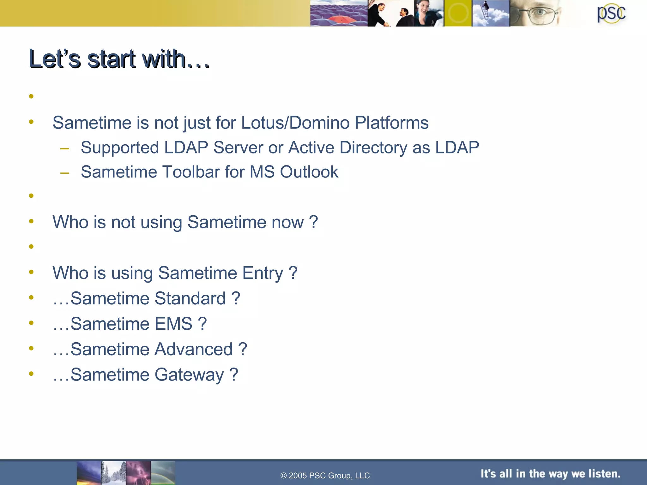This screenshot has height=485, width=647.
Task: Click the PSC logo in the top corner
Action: (x=611, y=13)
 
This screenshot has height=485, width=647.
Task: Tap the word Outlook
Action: (x=309, y=172)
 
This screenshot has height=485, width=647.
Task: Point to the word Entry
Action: (x=263, y=273)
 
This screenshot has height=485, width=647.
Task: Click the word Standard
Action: (x=190, y=298)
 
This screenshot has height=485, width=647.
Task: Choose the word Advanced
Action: (x=194, y=349)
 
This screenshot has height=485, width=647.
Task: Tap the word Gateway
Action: (x=189, y=375)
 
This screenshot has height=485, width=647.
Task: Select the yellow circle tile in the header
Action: (x=458, y=13)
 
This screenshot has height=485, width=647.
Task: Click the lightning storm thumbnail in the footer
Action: (x=138, y=473)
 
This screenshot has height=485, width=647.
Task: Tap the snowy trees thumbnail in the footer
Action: (x=113, y=473)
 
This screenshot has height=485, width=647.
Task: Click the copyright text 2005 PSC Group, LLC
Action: (x=325, y=476)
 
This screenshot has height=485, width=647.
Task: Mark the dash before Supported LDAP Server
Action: (x=64, y=148)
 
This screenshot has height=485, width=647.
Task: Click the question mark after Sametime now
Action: (x=313, y=222)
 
